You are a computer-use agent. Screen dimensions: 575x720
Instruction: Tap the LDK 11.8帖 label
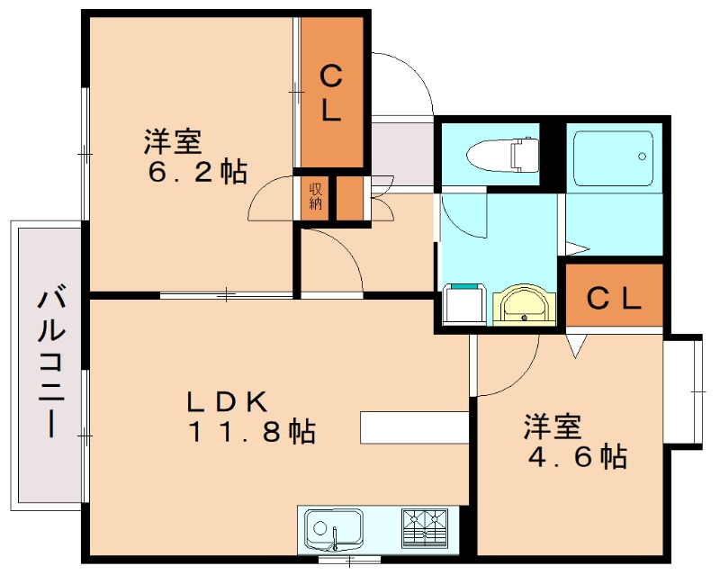point(251,417)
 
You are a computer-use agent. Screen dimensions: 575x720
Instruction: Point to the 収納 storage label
point(316,195)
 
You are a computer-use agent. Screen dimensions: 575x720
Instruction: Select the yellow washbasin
point(524,304)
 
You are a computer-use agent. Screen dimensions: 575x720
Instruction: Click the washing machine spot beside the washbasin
point(465,304)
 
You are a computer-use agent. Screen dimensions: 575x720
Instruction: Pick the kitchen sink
point(333,528)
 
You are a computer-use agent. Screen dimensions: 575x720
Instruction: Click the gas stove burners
point(425,526)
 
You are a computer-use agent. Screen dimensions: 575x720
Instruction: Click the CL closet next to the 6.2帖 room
point(331,94)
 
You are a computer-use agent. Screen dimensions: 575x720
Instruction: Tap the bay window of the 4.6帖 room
point(684,391)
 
